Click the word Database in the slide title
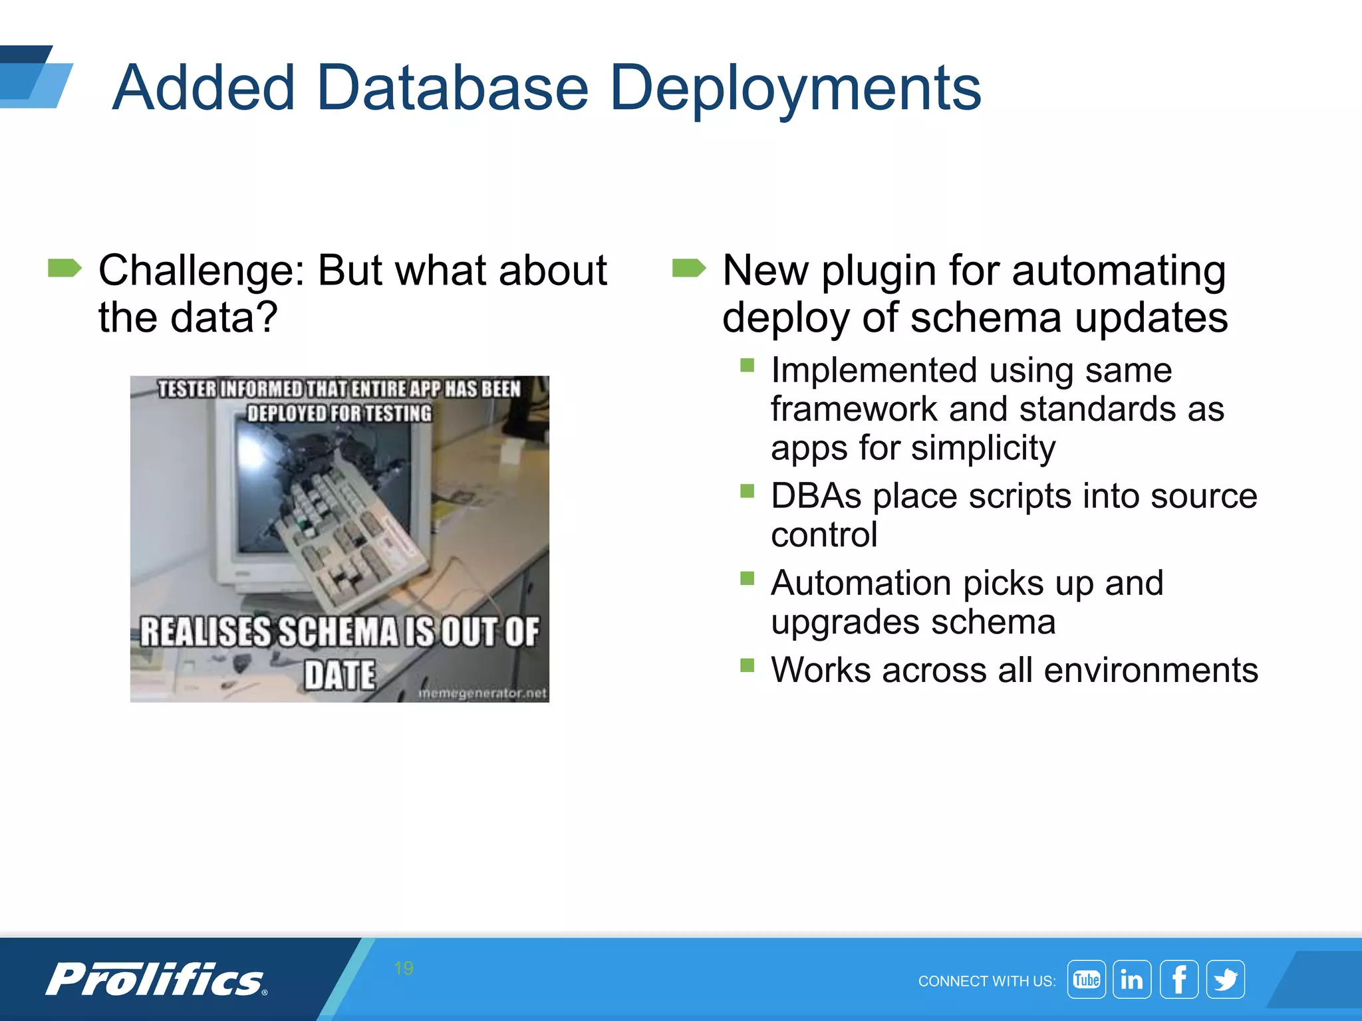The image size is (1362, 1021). point(452,87)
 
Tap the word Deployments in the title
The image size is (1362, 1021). point(795,87)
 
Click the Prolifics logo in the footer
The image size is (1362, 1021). point(156,979)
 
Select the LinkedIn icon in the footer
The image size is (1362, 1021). point(1132,979)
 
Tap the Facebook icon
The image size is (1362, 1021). point(1178,979)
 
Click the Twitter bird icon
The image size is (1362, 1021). point(1225,979)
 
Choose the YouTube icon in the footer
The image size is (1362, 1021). point(1086,979)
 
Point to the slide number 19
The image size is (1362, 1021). point(403,968)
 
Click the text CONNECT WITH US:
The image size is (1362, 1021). point(986,981)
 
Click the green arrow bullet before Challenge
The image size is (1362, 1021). point(65,269)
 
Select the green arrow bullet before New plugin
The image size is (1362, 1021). point(688,269)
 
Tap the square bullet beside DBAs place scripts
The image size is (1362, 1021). point(747,491)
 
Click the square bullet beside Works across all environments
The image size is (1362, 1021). point(747,665)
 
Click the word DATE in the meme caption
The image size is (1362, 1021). point(340,675)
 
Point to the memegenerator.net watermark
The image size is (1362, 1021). point(482,693)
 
